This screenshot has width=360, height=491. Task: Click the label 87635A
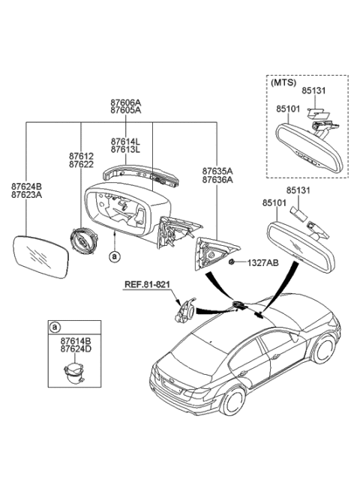point(217,170)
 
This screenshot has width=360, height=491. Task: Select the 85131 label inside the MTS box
point(316,91)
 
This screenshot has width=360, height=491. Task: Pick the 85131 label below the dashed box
point(301,190)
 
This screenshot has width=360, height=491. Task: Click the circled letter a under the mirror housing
point(114,256)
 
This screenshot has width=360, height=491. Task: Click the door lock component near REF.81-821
point(182,309)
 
